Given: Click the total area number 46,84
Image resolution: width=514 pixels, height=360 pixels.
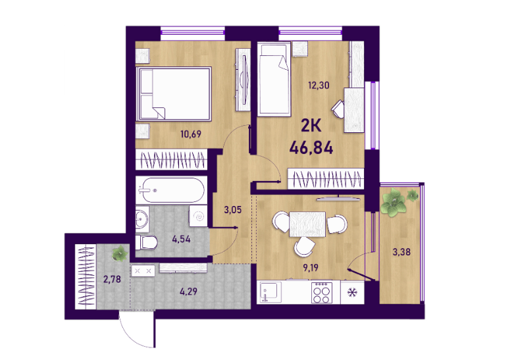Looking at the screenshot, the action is point(311,148).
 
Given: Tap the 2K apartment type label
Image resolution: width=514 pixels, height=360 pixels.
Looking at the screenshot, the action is point(311,125).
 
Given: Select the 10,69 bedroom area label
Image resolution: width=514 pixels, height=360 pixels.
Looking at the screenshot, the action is point(191,134).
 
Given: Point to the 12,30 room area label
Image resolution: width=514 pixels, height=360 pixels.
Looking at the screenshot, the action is point(319,86).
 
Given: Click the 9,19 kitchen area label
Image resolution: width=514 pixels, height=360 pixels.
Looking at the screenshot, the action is point(311,268).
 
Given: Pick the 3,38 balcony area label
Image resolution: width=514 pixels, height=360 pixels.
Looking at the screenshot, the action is point(401,252).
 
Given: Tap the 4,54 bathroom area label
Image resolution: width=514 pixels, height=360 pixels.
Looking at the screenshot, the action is point(181,239).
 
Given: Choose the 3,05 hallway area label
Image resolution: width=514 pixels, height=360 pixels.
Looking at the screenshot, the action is point(233,210).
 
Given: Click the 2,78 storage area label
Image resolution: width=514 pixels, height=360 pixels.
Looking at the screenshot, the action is point(112,279).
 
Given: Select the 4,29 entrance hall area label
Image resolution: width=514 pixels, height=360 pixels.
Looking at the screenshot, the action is point(188,291).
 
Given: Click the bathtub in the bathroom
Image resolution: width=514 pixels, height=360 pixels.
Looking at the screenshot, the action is point(171,190).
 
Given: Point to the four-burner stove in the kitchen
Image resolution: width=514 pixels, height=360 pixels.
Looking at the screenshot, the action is point(322,292).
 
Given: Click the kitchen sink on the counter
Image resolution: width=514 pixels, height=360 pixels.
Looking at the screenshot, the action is point(270,292).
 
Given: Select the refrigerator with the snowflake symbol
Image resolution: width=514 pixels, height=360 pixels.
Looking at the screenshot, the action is point(352,292).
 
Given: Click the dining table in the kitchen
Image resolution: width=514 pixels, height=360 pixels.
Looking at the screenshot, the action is point(307,224).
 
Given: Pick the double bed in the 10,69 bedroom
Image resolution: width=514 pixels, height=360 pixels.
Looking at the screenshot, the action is point(174,94).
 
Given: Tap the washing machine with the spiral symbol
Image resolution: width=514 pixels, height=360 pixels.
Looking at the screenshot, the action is point(198,216).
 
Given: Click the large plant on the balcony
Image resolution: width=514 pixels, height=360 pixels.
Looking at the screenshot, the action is point(394,202).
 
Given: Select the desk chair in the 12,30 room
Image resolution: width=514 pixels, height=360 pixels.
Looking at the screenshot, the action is point(338,109).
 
